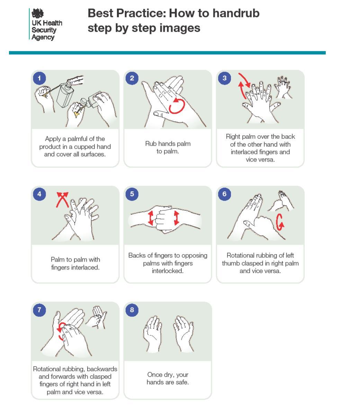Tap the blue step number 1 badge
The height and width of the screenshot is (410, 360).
[x=39, y=78]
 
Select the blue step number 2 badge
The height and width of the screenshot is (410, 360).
[x=132, y=78]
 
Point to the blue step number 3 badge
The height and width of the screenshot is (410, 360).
[x=225, y=78]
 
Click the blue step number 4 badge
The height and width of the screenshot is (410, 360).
[x=39, y=194]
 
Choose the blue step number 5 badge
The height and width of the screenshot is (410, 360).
[x=132, y=194]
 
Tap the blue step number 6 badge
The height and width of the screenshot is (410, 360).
[x=225, y=194]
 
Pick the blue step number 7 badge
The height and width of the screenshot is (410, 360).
[x=39, y=310]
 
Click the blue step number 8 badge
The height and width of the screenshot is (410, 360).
[x=132, y=310]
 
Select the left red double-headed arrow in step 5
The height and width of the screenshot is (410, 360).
[x=151, y=218]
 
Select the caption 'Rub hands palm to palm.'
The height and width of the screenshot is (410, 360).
[x=168, y=147]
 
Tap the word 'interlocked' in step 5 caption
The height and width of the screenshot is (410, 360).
[x=168, y=271]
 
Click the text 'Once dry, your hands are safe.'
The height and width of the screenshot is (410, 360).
[x=168, y=379]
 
